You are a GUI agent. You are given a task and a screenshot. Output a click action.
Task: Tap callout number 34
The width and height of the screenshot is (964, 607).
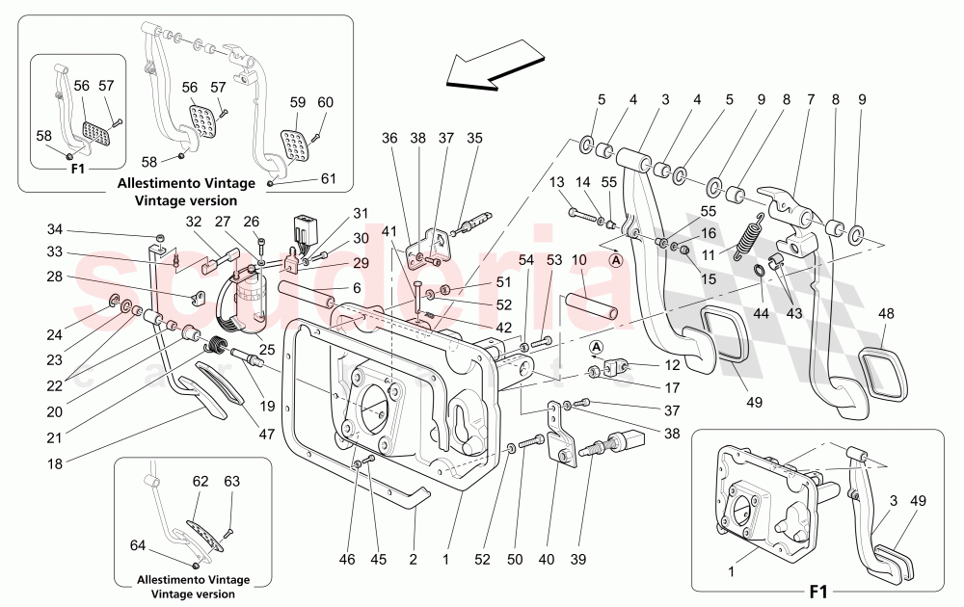click(55, 229)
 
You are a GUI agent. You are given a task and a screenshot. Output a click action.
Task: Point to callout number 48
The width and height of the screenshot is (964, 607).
click(886, 314)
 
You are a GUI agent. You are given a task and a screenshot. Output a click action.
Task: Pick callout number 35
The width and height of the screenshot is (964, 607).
click(474, 138)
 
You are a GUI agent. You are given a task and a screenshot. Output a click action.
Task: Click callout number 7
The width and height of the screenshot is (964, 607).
click(810, 99)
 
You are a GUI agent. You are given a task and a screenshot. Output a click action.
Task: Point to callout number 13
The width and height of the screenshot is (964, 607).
click(556, 183)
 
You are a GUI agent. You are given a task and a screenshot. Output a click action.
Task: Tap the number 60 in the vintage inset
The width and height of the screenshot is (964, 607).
click(325, 102)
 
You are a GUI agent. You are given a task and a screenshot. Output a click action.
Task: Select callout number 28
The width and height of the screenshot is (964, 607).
click(55, 277)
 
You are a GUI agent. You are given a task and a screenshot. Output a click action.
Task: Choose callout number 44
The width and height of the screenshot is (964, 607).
click(762, 313)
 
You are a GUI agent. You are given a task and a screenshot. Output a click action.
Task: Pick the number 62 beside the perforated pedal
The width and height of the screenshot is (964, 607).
click(201, 479)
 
